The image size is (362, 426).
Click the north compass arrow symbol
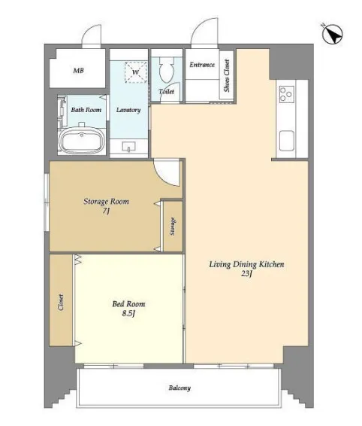pos(333,35)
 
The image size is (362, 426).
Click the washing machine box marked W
pos(135,72)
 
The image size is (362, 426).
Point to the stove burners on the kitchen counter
pos(287,94)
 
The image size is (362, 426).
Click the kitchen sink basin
pos(287,141)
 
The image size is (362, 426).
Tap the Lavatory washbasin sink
pos(128,147)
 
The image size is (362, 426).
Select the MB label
pos(78,71)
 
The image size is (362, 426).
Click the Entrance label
pos(202,65)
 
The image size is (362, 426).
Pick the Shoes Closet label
pos(227,75)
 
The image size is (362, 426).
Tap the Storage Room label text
pos(106,201)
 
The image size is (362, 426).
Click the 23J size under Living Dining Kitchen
pos(246,273)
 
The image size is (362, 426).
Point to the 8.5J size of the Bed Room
pos(128,313)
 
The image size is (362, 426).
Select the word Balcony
pos(179,388)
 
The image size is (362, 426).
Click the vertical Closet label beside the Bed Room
pos(61,303)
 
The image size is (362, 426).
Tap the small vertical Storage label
pos(173,227)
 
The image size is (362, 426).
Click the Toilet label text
pos(166,92)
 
